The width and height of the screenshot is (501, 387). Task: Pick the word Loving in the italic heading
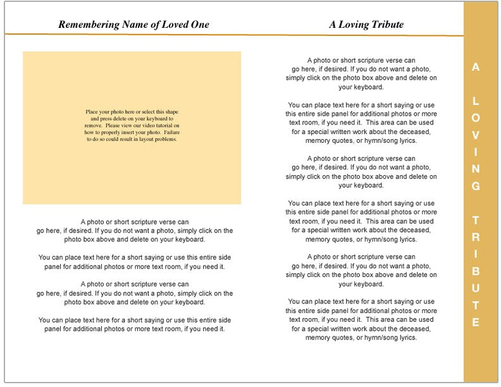coord(352,25)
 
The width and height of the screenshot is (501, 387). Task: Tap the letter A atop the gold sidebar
coord(476,67)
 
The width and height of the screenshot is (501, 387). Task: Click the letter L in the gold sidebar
coord(476,101)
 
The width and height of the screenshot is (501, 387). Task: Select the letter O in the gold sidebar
coord(476,118)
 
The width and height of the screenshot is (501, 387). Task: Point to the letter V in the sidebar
coord(476,135)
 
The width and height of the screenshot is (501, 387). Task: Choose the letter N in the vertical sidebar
coord(476,169)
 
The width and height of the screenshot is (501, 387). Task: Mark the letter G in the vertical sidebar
coord(476,187)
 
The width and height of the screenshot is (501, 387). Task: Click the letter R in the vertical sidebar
coord(476,238)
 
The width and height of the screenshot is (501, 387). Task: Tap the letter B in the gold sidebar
coord(476,272)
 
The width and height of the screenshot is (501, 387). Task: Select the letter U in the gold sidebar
coord(476,289)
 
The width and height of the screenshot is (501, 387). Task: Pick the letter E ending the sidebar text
coord(476,323)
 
